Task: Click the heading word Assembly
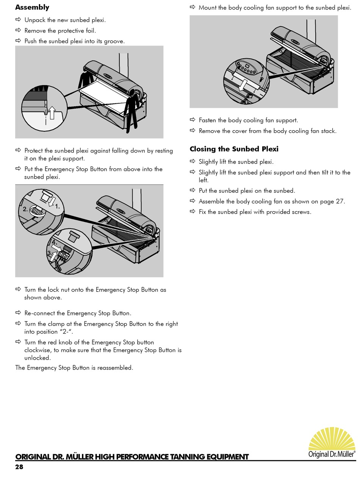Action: (32, 7)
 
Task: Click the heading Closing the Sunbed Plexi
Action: (234, 149)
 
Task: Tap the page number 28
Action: (19, 467)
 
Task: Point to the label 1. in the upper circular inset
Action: (58, 207)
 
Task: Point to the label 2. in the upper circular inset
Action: (25, 209)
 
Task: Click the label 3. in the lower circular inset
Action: (49, 253)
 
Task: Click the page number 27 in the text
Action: (340, 201)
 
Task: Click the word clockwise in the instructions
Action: (38, 350)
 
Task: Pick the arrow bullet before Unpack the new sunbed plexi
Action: (18, 20)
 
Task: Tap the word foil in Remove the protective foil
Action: (91, 31)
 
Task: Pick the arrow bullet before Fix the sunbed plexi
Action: (192, 212)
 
